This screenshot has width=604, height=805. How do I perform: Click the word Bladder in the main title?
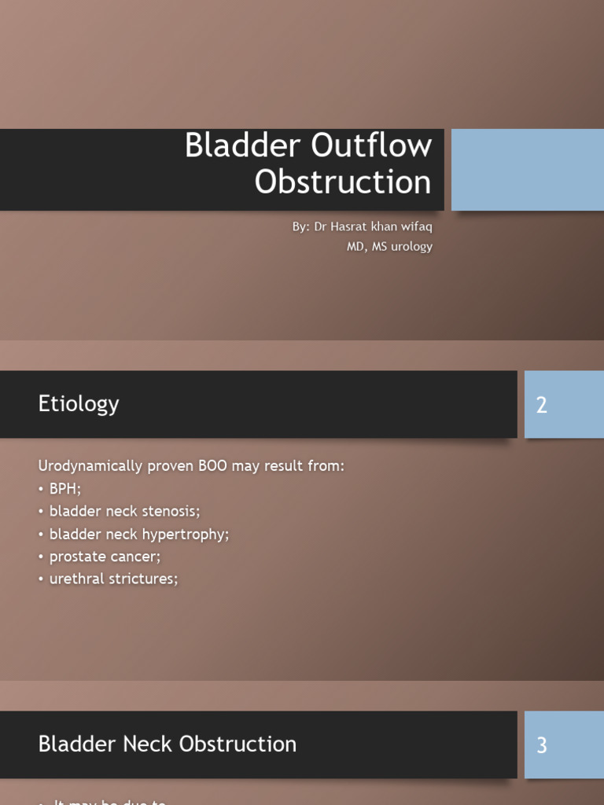[x=242, y=146]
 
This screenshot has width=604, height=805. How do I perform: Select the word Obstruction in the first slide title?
[x=343, y=182]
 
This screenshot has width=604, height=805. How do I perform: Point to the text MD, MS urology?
[x=389, y=247]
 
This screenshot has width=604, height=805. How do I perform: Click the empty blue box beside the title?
[x=527, y=170]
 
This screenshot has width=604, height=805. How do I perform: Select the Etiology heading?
[x=79, y=404]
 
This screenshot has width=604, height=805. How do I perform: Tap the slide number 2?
[x=541, y=406]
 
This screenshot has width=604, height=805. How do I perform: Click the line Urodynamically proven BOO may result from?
[x=191, y=466]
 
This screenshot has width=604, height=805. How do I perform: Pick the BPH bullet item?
[x=64, y=489]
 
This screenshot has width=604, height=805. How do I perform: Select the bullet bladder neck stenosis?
[x=124, y=512]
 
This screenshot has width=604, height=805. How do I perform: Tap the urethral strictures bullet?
[x=113, y=579]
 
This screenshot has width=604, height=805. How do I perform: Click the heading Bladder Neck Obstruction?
[x=168, y=744]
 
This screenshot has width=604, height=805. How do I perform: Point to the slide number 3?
[x=541, y=746]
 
